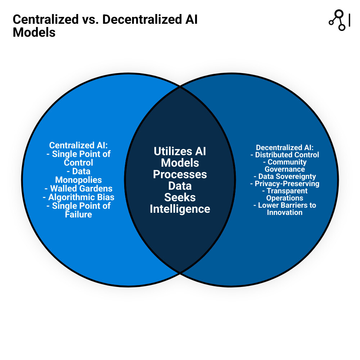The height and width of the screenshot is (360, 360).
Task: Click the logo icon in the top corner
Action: [x=338, y=20]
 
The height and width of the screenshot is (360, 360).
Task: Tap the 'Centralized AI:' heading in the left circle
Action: [x=78, y=145]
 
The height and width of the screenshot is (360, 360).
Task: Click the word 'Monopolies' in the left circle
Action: [x=78, y=180]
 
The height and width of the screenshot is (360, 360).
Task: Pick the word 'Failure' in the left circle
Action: [x=78, y=215]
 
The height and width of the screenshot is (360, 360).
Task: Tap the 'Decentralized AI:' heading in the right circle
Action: [x=285, y=148]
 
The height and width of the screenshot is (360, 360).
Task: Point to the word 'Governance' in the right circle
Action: [x=285, y=169]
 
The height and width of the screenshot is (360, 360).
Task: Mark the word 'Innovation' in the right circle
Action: [x=285, y=212]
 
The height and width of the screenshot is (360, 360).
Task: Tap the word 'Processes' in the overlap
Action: [x=180, y=174]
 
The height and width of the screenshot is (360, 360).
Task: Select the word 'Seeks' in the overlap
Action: [x=180, y=197]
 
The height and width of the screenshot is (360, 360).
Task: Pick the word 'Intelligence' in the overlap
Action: [x=180, y=209]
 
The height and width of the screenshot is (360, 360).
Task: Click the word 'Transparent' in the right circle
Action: [x=287, y=191]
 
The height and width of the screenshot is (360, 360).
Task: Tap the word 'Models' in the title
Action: [x=34, y=32]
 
